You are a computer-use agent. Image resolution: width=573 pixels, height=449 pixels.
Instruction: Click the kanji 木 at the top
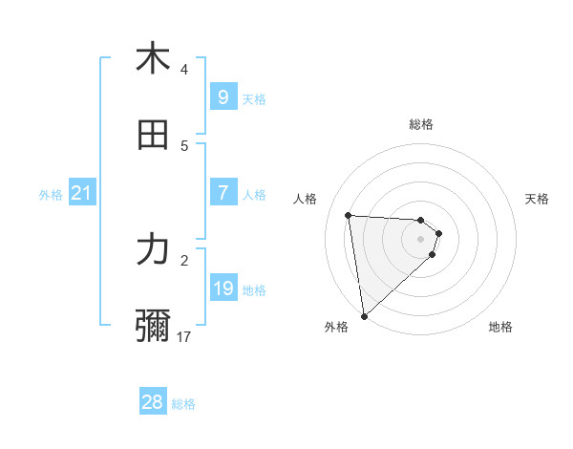tap(153, 58)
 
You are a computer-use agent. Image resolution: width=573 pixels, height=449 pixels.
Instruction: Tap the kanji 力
tap(153, 250)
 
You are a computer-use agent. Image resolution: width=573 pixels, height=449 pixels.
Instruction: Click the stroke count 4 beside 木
tap(184, 69)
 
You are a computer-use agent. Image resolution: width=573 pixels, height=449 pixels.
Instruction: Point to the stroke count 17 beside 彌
tap(184, 336)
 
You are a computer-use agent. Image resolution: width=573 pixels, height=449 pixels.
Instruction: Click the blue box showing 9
tap(223, 97)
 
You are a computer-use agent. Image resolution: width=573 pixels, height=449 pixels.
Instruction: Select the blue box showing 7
tap(223, 193)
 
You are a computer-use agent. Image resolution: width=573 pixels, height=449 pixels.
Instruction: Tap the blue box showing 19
tap(223, 289)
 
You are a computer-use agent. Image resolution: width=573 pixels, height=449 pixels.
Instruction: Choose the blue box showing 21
tap(81, 193)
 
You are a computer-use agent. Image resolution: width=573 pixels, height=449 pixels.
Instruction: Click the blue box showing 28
tap(153, 402)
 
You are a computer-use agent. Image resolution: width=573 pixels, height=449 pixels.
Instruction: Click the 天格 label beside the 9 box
tap(254, 98)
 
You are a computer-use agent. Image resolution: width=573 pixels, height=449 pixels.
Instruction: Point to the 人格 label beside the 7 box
tap(254, 194)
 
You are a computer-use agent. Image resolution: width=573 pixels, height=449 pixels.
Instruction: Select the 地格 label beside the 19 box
tap(254, 289)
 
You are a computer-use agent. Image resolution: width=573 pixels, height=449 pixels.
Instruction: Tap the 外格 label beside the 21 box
tap(51, 194)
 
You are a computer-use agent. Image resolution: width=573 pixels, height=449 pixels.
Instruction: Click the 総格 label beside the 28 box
tap(183, 403)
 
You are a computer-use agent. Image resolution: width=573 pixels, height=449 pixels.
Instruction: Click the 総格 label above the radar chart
tap(421, 124)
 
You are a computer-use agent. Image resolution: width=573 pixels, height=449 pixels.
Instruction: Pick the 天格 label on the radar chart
tap(538, 199)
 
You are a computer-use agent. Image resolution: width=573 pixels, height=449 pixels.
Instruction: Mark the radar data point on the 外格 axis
tap(363, 315)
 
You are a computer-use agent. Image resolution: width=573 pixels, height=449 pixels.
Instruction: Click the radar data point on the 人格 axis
tap(349, 215)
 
